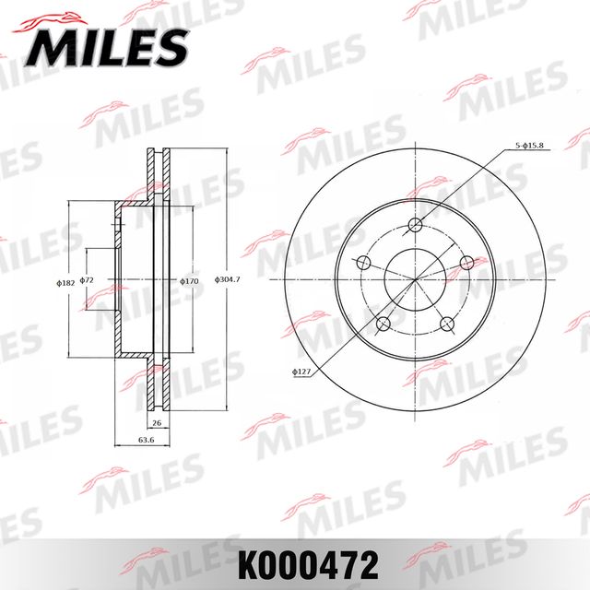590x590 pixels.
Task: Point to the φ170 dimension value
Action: [190, 279]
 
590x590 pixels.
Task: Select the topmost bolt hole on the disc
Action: [415, 224]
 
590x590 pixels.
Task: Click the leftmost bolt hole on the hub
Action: [363, 263]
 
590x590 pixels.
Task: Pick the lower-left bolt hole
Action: [382, 324]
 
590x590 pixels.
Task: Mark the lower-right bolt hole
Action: [448, 324]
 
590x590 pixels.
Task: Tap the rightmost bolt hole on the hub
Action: [466, 263]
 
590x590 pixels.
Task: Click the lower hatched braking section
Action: [155, 383]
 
